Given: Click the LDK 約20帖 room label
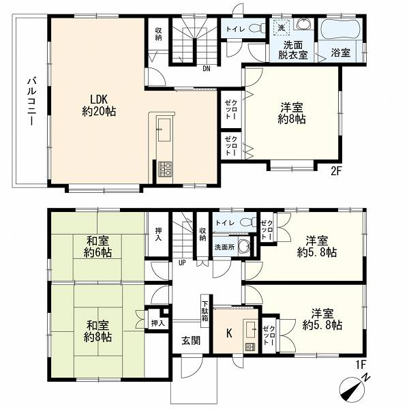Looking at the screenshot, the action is [99, 105].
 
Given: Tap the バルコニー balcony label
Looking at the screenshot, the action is [32, 101].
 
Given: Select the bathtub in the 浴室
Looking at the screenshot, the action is [340, 29].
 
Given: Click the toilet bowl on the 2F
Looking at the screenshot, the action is [257, 28].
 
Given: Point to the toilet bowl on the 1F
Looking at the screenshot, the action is [247, 222].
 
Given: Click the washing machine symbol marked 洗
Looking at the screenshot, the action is [281, 28].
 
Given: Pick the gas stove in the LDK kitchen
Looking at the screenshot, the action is [165, 169].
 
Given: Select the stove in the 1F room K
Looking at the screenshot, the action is [250, 347].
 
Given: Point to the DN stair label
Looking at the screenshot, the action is [207, 69].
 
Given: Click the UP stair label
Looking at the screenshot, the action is [182, 262].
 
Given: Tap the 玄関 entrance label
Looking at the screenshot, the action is [191, 340].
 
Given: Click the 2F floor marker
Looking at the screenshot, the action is [336, 171].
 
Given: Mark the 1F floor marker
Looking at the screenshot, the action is [361, 365].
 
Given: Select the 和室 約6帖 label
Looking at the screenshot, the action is [97, 247].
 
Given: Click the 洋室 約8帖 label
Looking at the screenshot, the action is [292, 113].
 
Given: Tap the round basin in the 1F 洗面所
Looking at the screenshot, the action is [244, 246].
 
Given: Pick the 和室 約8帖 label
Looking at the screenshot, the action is [97, 331].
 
